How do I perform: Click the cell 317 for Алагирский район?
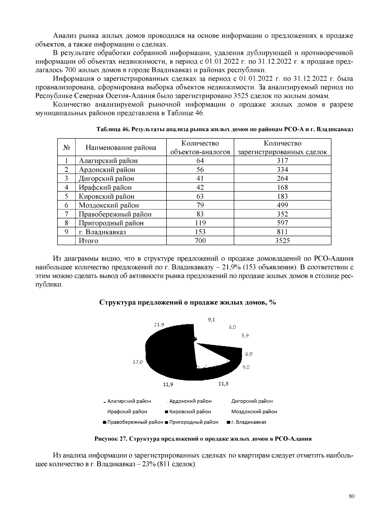pos(282,161)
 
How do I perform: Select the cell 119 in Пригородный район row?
pos(200,223)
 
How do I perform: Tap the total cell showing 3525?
pos(282,241)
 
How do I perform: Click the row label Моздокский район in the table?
pos(109,205)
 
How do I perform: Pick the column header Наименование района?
pos(121,148)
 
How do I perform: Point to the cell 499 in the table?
pos(282,205)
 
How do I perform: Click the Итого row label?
pos(88,241)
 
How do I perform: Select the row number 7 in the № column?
pos(66,214)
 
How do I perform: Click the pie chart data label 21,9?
pos(159,325)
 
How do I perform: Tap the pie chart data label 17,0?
pos(138,362)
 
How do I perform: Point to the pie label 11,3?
pos(223,384)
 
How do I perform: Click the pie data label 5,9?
pos(245,335)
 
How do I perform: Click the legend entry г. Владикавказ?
pos(248,422)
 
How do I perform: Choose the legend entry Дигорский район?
pos(252,401)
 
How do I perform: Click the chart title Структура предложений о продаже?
pos(187,302)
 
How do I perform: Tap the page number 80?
pos(351,496)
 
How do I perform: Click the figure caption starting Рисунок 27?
pos(203,439)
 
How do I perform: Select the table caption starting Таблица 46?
pos(225,129)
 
